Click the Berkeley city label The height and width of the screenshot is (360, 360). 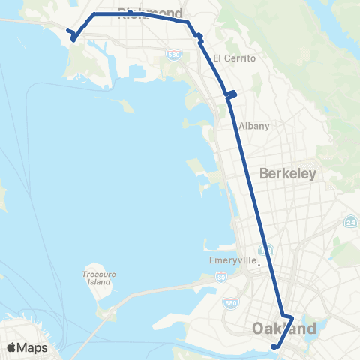[288, 173]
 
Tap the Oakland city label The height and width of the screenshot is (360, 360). [284, 328]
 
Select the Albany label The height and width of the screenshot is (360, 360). [253, 126]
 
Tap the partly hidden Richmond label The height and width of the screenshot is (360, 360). [150, 13]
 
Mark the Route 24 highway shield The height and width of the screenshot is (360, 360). [350, 222]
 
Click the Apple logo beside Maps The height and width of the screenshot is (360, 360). [11, 347]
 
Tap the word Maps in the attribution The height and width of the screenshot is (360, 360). [32, 347]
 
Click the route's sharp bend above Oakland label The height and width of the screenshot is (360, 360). [291, 317]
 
